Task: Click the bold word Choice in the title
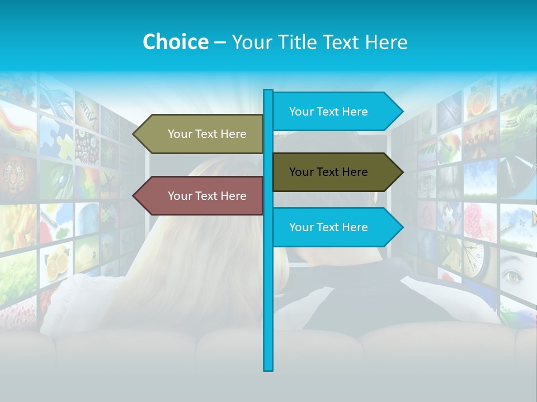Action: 175,42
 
